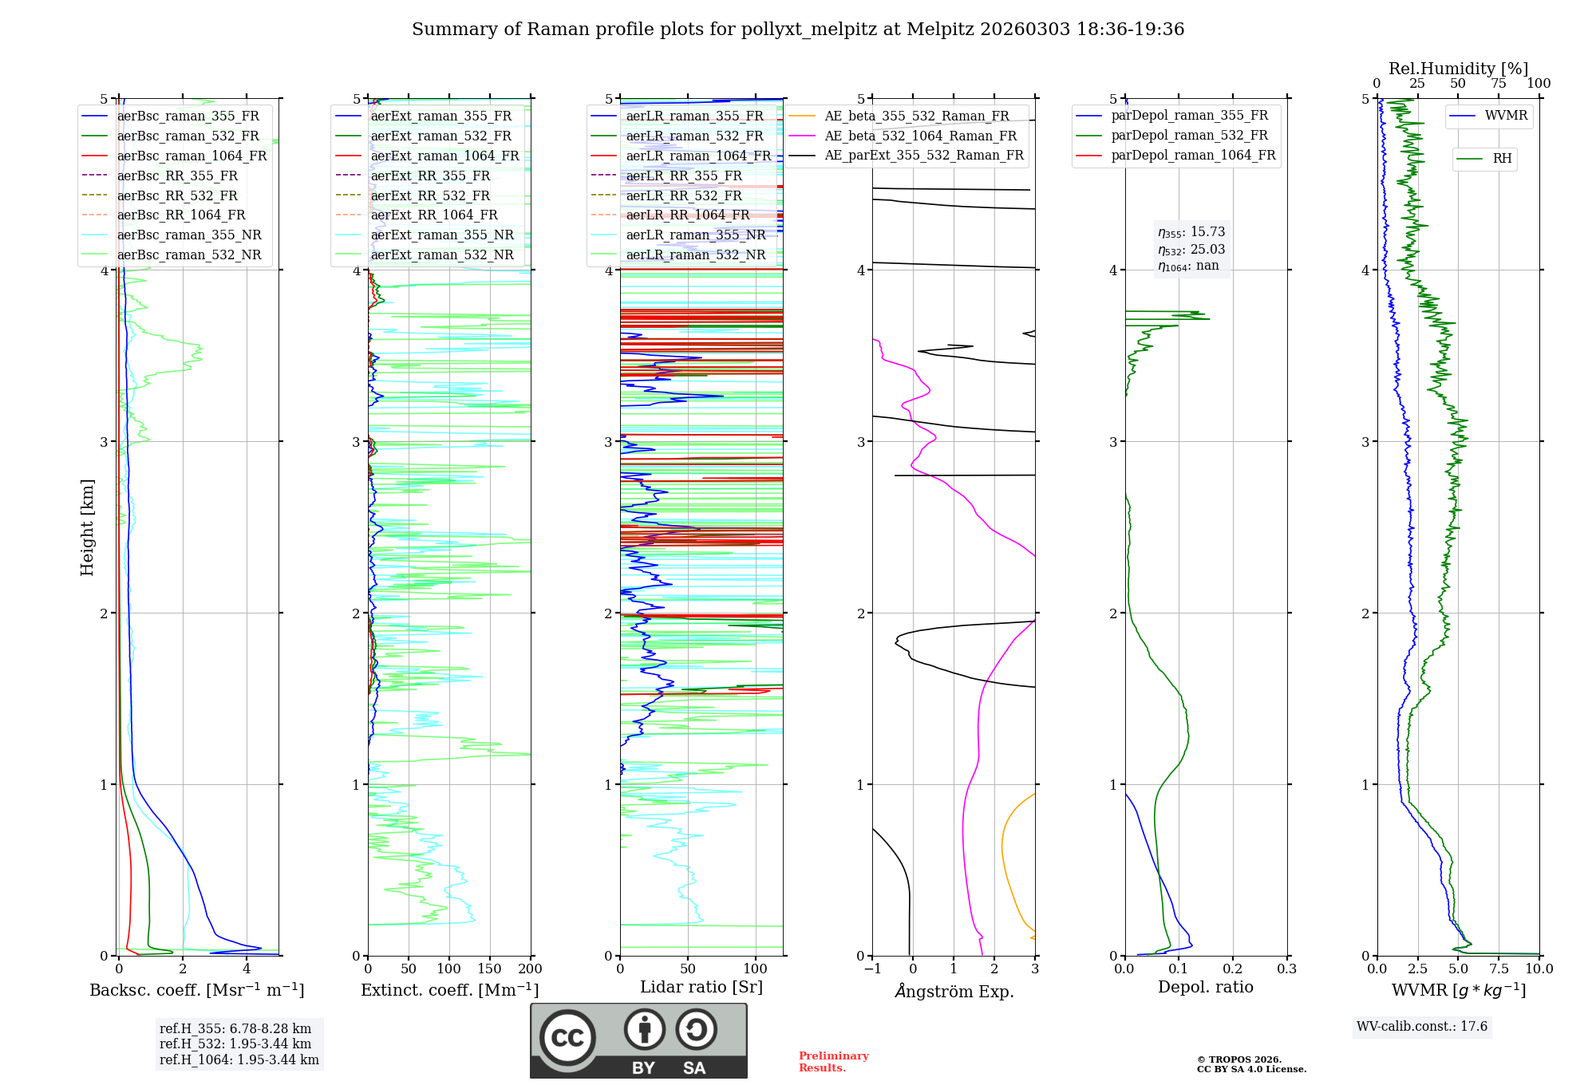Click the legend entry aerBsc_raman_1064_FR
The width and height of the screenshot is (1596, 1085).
[192, 156]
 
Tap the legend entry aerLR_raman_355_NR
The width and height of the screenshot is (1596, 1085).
[695, 235]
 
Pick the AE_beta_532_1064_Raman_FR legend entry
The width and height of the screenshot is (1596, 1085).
[920, 136]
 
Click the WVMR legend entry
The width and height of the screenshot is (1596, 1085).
[1506, 116]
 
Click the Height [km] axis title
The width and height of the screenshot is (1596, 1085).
[87, 527]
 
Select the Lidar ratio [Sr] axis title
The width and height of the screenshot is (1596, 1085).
[701, 987]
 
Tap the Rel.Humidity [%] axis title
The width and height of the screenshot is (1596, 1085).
[1458, 69]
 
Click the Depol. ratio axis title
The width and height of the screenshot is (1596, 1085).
[1205, 987]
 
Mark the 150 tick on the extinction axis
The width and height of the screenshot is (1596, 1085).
[489, 969]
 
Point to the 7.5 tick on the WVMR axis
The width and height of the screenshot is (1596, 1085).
[1499, 969]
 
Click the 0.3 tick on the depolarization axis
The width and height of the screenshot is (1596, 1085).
[1286, 969]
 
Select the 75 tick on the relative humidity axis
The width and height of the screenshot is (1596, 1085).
[1499, 84]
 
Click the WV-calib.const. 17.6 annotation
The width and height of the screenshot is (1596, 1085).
[1422, 1027]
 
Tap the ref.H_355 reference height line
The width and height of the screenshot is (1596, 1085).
[235, 1029]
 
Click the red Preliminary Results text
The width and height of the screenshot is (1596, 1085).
[833, 1062]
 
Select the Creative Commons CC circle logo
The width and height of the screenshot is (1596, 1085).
[567, 1038]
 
